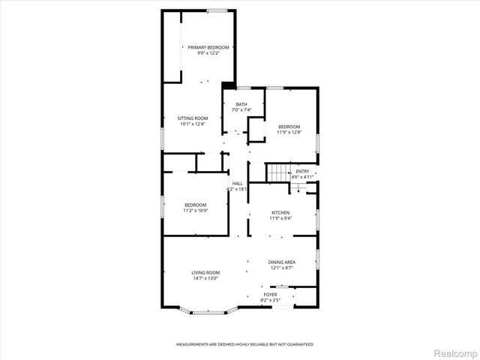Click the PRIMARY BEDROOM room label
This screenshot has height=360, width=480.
coord(208,47)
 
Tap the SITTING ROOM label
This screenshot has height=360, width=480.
coord(192,118)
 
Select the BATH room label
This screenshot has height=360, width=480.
coord(241,104)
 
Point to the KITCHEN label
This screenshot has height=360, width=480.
coord(280,212)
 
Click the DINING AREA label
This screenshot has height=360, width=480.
coord(282,262)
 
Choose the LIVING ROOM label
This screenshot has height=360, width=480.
coord(205,272)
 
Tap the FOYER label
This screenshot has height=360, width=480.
coord(270,295)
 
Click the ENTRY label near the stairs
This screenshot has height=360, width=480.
coord(302,172)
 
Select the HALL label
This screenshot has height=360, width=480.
coord(237,183)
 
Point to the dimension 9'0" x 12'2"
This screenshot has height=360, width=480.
coord(208,52)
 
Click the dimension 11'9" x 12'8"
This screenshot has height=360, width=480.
coord(289,132)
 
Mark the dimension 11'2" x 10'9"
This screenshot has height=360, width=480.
coord(195,210)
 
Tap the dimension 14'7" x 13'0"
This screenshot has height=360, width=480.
coord(205,278)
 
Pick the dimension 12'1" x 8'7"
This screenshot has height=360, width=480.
coord(282,268)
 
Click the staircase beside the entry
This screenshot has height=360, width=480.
coord(279,172)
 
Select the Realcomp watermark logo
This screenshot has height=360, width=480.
coord(454,352)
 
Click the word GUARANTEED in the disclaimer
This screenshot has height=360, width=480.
coord(298,344)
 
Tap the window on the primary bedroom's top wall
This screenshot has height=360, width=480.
coord(217,10)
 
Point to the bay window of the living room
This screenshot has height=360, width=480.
coord(207,310)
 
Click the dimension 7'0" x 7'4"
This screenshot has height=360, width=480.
coord(241,110)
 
